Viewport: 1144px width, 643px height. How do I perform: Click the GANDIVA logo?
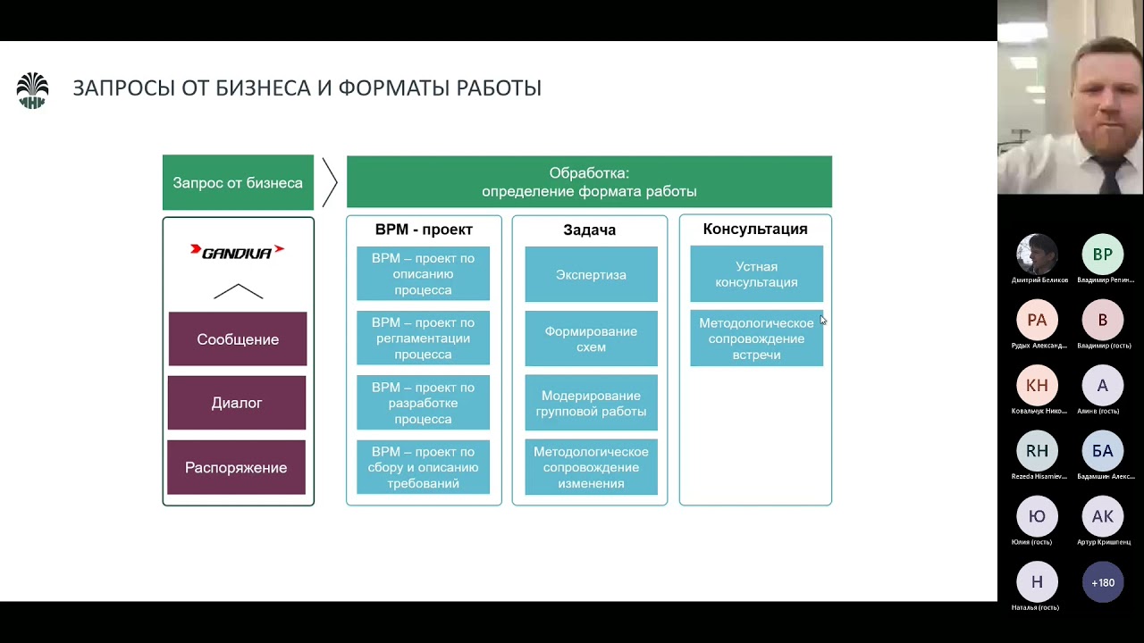(238, 252)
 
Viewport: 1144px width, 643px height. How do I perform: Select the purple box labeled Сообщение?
(238, 339)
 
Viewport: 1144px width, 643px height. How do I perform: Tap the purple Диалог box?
(237, 403)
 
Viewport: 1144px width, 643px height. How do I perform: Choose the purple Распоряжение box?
(237, 467)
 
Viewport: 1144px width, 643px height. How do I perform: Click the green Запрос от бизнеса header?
(238, 183)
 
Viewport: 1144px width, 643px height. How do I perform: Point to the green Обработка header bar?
(589, 182)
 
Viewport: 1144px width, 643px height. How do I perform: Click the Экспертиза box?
(591, 274)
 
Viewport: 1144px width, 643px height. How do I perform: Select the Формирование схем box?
(591, 338)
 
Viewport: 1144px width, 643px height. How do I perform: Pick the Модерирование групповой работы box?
(591, 403)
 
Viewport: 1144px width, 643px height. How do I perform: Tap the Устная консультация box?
(756, 274)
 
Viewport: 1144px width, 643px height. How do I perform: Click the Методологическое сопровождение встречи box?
(756, 338)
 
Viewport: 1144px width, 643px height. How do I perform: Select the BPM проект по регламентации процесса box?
(423, 338)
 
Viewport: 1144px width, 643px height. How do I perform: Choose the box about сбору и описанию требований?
(423, 467)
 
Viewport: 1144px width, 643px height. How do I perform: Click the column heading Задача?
(589, 230)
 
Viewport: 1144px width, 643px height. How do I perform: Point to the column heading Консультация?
(755, 229)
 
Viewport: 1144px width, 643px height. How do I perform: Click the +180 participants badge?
(1103, 582)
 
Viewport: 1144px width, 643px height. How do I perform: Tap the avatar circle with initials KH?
(1037, 386)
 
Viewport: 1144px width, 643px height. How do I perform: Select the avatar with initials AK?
(1103, 516)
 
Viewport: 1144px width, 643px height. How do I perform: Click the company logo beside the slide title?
(32, 90)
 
